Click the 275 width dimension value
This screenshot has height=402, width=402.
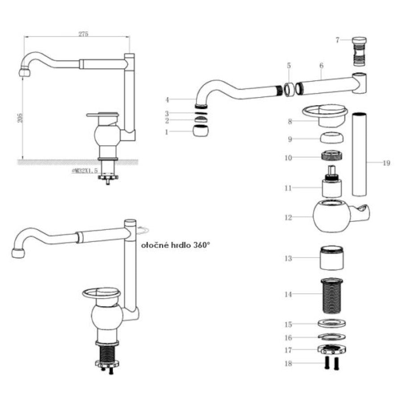coord(83,34)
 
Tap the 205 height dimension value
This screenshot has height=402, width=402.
coord(20,117)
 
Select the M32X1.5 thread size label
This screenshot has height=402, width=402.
coord(85,171)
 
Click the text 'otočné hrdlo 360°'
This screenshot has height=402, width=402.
coord(176,245)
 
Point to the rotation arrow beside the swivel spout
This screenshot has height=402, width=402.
coord(142,230)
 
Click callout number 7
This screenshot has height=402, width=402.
coord(337,40)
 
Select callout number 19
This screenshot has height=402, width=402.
coord(386,163)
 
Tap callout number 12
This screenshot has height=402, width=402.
coord(289,218)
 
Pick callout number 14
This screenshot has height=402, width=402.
coord(289,294)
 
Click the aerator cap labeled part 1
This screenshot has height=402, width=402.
coord(201,131)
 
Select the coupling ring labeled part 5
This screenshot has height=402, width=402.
coord(289,89)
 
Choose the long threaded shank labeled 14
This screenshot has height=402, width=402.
coord(332,296)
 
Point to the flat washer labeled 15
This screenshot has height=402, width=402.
coord(332,323)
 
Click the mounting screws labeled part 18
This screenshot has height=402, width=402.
coord(332,363)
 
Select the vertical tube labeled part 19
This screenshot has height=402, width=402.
coord(360,154)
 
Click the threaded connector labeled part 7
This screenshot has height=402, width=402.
coord(360,51)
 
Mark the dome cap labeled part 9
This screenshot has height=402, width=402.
coord(332,138)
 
